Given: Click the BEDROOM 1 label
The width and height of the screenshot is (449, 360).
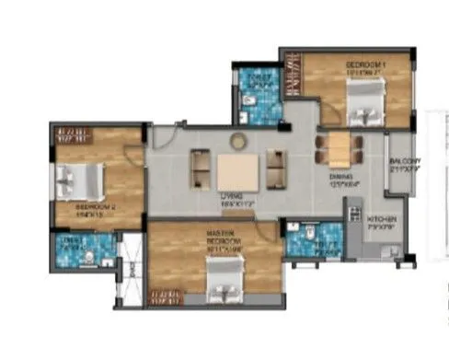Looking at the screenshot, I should click(x=365, y=64).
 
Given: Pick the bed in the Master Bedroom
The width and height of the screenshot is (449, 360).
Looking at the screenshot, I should click(x=224, y=276).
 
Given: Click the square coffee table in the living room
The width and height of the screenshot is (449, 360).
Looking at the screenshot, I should click(x=238, y=171).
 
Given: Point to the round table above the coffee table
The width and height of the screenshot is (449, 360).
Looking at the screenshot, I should click(x=238, y=139).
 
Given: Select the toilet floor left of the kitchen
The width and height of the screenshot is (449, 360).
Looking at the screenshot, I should click(x=308, y=241).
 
